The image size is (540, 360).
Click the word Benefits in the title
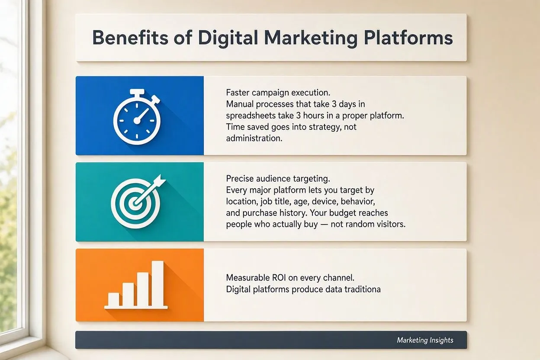[x=130, y=38]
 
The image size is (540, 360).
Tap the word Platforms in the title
[x=408, y=38]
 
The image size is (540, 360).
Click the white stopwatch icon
[x=137, y=117]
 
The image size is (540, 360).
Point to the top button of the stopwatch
[x=137, y=92]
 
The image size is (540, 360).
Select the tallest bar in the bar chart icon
[x=157, y=283]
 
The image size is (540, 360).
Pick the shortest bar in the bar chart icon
[x=113, y=299]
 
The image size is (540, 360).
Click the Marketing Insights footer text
[x=425, y=340]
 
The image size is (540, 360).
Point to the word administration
[x=254, y=138]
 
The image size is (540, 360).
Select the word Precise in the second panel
[x=240, y=179]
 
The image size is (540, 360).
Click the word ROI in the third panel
[x=279, y=278]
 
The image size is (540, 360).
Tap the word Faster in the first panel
[x=238, y=93]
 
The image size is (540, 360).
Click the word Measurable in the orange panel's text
[x=247, y=278]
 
